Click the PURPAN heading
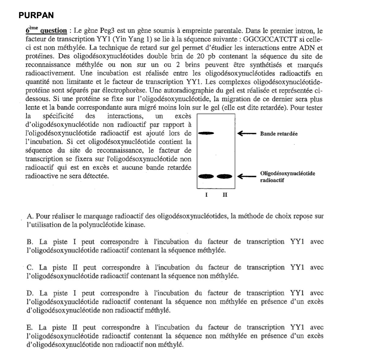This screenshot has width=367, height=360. (x=36, y=16)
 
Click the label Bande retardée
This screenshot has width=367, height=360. (x=279, y=133)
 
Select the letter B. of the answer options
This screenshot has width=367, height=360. (x=30, y=242)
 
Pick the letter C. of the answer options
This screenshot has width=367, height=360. (x=30, y=268)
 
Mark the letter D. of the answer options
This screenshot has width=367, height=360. (x=30, y=293)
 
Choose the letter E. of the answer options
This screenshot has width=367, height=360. (x=30, y=327)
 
